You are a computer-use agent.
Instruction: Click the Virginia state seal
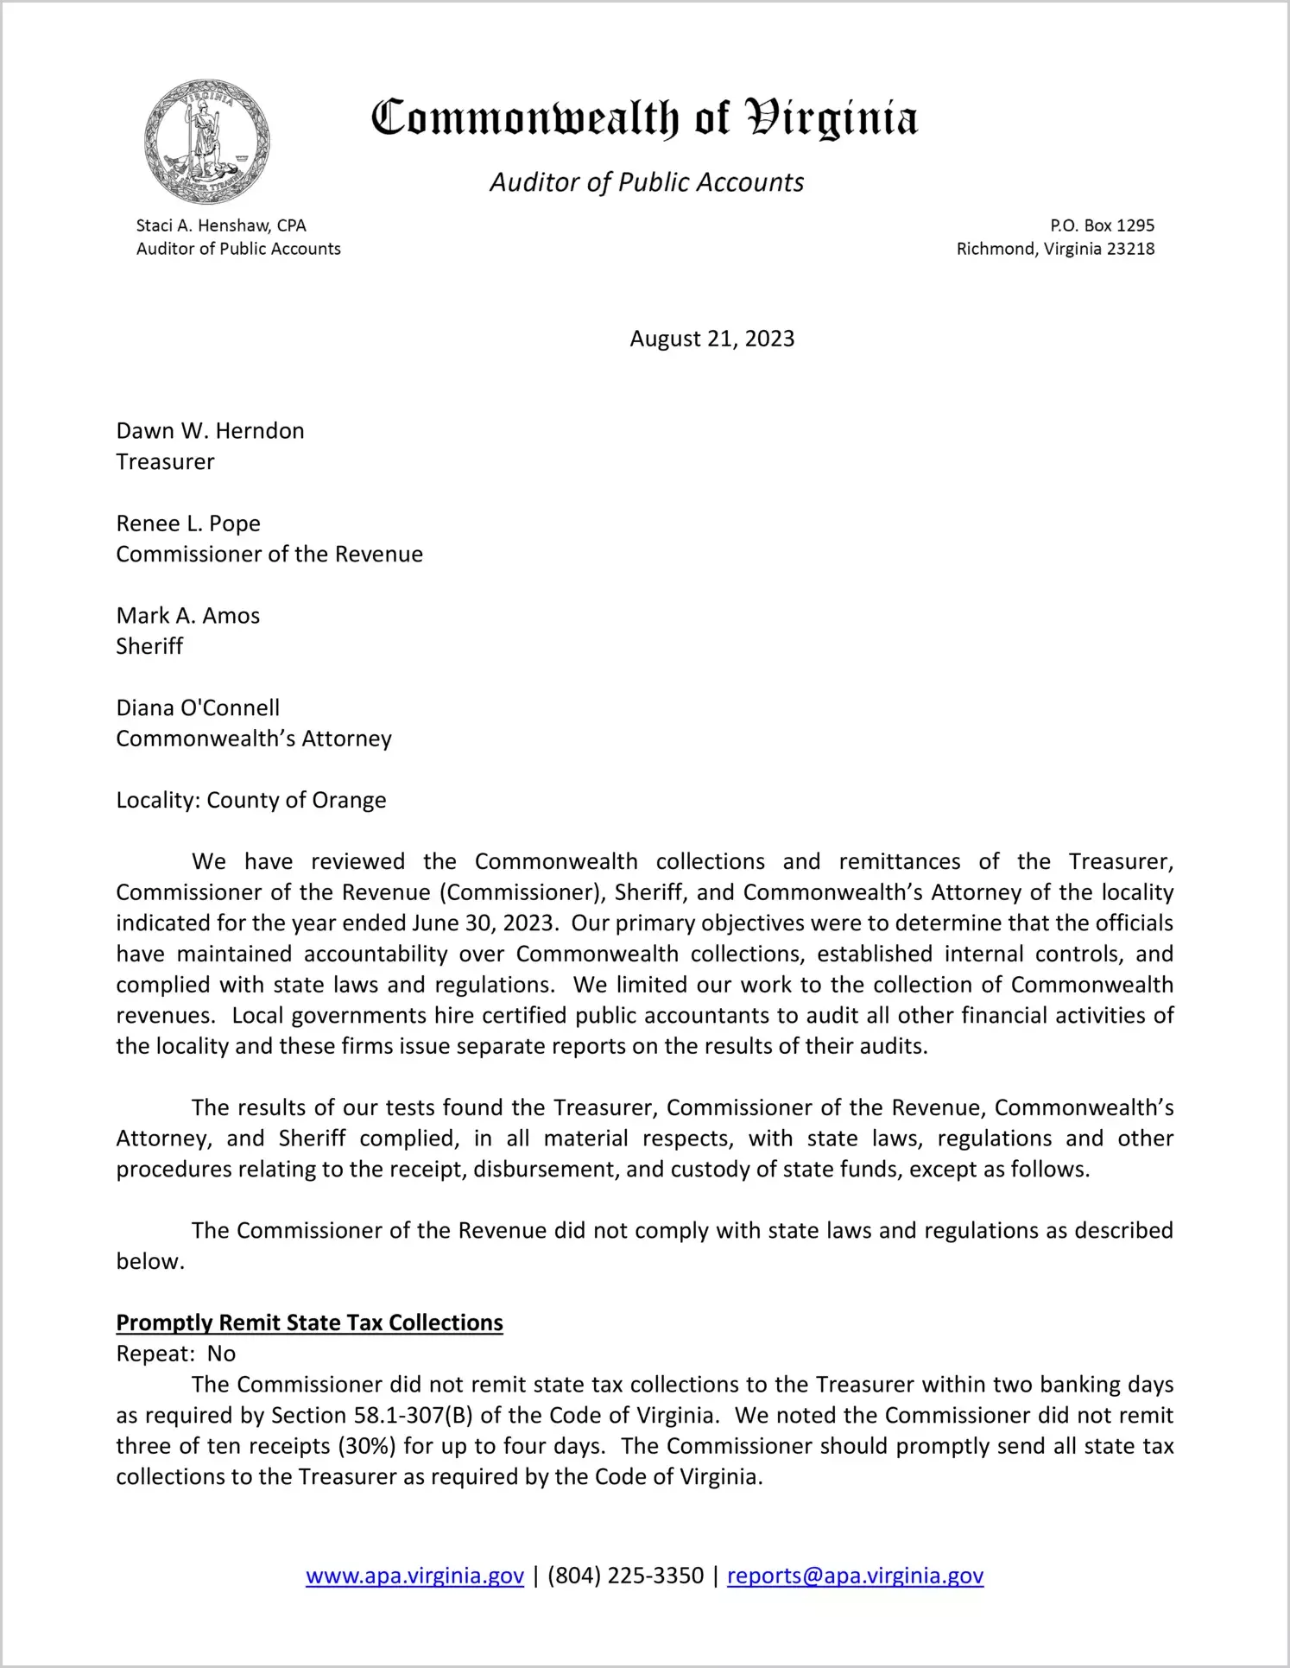207,142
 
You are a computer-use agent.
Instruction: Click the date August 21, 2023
711,339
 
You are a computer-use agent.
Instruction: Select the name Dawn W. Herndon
211,431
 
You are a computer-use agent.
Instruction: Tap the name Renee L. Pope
188,523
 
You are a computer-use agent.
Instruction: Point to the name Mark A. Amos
188,616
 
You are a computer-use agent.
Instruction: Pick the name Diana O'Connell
198,708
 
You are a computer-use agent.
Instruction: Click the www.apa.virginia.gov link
414,1576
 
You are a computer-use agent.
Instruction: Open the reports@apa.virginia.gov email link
855,1576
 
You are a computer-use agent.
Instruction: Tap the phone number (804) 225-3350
625,1576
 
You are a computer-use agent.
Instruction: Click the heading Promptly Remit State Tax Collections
309,1323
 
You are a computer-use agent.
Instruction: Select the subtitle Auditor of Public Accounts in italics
647,182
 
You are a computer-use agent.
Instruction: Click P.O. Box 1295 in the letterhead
1102,225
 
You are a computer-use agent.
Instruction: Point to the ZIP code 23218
1130,249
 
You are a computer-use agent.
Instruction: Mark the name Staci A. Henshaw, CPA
221,225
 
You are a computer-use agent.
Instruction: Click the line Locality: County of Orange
251,800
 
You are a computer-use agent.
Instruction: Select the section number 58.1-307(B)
414,1416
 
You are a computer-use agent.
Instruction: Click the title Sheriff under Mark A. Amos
149,646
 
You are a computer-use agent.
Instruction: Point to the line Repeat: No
176,1354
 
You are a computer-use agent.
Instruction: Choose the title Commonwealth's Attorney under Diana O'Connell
254,739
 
